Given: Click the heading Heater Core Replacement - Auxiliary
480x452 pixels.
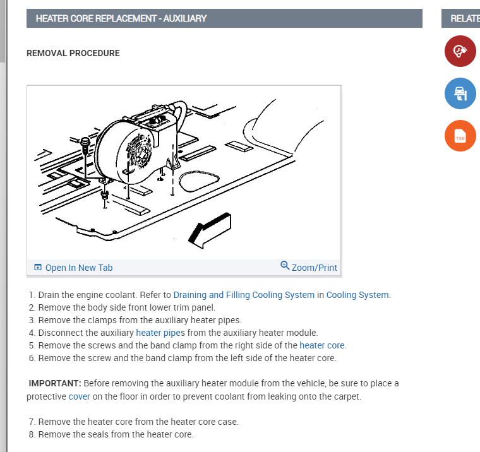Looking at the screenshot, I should point(121,18).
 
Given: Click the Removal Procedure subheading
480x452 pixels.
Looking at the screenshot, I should point(73,53).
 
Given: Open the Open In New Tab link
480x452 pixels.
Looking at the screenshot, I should point(78,268).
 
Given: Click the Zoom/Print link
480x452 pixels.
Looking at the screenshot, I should point(314,268).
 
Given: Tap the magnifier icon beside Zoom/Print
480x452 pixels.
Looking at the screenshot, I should point(284,266).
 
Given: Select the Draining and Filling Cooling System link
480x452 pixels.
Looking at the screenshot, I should point(243,295).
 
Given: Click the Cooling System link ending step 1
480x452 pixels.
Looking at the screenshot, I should point(357,295).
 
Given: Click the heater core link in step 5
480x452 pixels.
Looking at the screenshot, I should point(322,345).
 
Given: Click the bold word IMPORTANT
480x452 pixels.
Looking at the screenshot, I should point(55,383).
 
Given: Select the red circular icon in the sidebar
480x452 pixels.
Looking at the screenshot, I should point(460,51).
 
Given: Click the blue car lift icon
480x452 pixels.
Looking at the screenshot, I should point(460,94).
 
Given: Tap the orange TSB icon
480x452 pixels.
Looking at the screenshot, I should point(460,136).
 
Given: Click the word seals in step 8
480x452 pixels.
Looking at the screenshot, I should point(104,434).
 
